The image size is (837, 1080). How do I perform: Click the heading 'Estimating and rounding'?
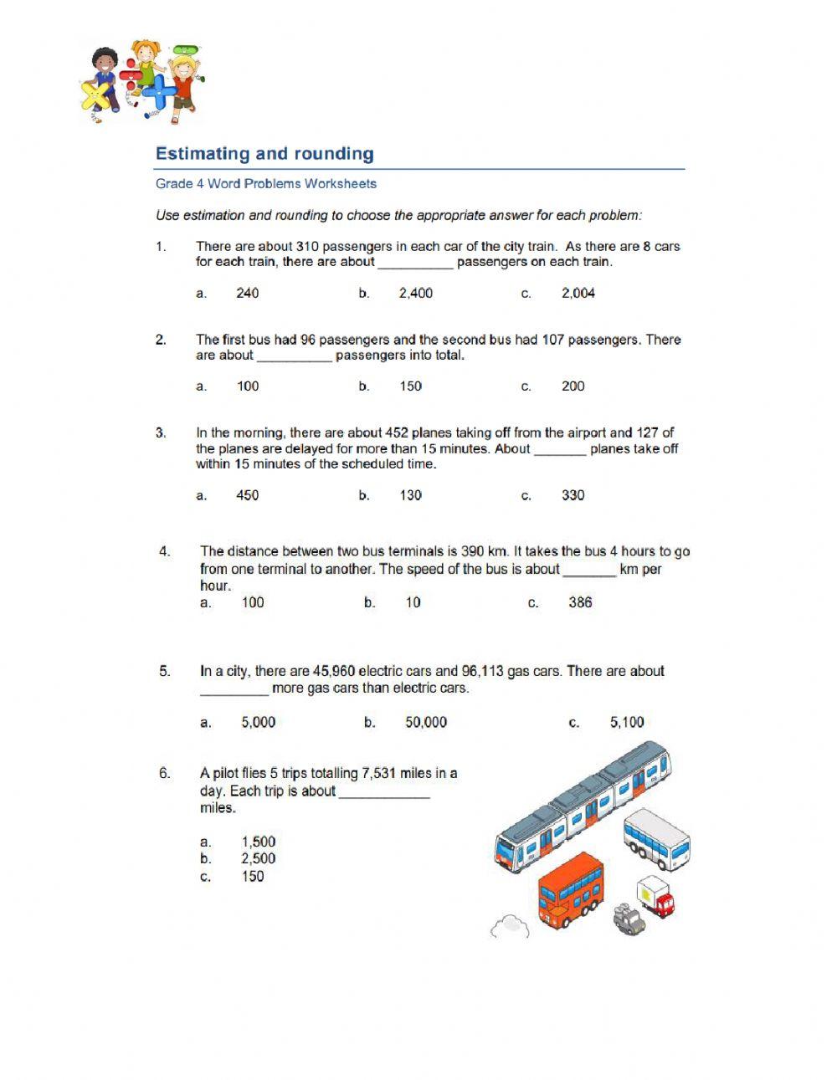(264, 154)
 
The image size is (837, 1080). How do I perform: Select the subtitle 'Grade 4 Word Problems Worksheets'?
(266, 184)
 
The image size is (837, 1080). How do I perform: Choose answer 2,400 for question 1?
(415, 294)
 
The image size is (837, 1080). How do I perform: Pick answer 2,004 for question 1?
(578, 294)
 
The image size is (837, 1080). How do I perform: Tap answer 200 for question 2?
(573, 386)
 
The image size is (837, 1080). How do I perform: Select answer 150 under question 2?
(410, 386)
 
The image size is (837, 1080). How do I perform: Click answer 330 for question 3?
(573, 495)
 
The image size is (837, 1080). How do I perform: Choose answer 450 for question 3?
(247, 495)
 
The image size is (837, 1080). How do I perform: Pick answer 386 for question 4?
(579, 602)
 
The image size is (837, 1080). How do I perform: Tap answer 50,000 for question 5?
(425, 723)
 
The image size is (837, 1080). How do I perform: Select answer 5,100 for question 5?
(626, 723)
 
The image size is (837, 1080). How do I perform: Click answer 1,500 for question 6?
(258, 842)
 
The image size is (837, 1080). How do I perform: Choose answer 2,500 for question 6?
(258, 859)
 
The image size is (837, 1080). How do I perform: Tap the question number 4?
(165, 551)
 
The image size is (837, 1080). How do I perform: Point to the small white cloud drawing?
(509, 926)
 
